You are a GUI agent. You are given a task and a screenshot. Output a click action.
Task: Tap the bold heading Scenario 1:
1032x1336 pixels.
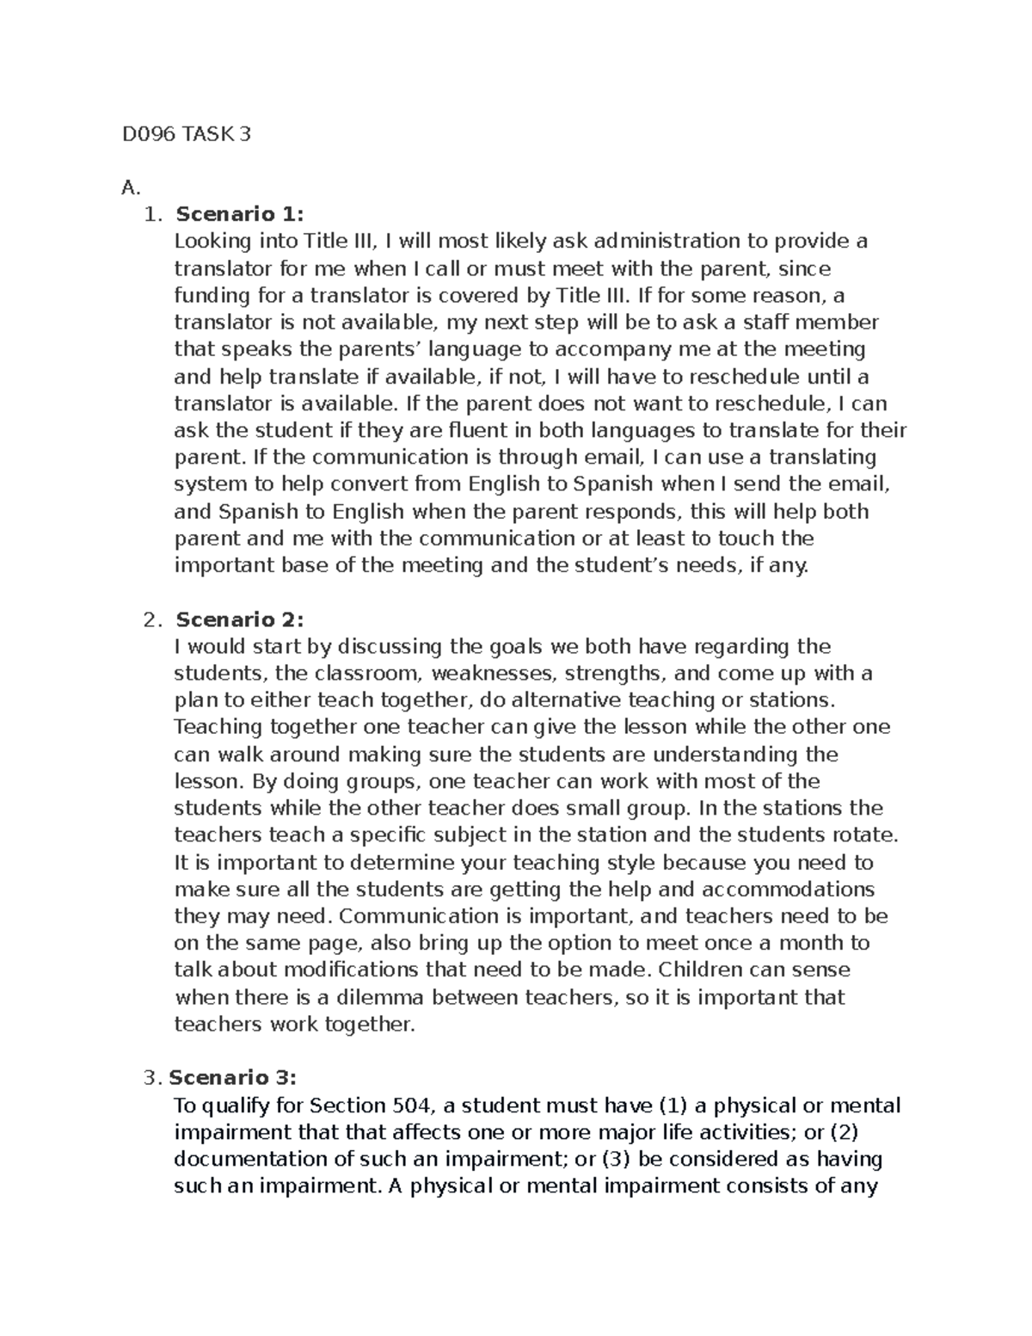pyautogui.click(x=240, y=214)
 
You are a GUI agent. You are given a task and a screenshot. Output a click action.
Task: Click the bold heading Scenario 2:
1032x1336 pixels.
pyautogui.click(x=240, y=619)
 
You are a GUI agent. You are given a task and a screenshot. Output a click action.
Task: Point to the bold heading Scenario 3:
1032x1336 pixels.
pyautogui.click(x=233, y=1078)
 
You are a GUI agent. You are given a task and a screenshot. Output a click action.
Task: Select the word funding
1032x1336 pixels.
pyautogui.click(x=212, y=296)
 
